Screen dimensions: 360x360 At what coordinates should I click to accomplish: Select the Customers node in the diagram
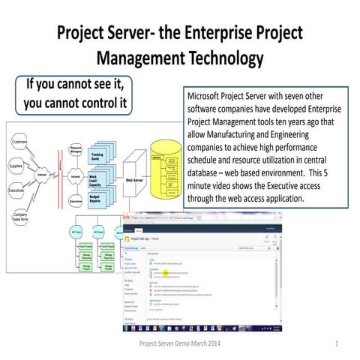(x=19, y=142)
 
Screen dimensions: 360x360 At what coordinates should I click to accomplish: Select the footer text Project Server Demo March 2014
(x=179, y=343)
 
